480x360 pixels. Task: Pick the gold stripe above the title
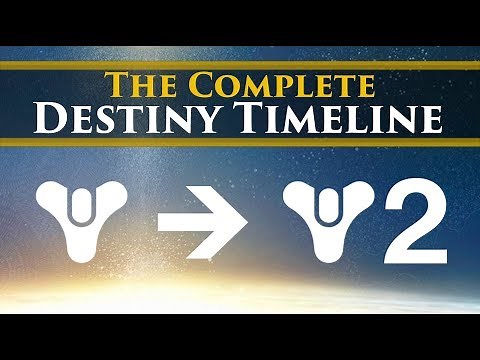[240, 65]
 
